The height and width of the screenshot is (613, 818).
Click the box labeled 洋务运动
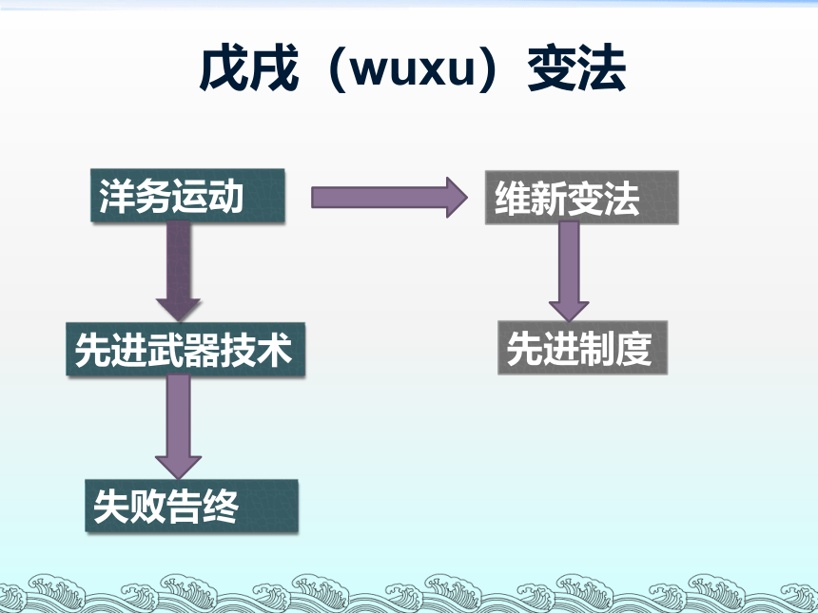187,196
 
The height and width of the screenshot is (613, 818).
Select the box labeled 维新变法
582,198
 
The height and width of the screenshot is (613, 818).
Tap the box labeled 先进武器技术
185,349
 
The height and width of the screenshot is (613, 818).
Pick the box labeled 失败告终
191,506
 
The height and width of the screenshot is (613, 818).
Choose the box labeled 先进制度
583,348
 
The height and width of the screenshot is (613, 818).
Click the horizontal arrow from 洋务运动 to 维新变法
389,198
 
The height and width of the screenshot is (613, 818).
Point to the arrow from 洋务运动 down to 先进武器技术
179,271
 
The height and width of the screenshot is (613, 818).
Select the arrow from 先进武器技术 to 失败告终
179,427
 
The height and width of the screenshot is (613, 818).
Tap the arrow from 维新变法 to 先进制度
569,272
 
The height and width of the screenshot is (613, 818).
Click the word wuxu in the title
412,69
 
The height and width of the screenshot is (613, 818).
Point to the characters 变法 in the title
576,67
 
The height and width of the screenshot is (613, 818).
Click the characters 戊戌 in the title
248,67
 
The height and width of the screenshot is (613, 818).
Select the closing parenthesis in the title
487,68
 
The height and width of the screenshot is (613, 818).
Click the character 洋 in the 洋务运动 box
117,196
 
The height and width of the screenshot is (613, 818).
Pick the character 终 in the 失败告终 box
221,506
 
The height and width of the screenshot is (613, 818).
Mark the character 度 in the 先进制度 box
633,348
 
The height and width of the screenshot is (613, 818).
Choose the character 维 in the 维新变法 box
513,198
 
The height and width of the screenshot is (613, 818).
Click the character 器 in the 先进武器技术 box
202,349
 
